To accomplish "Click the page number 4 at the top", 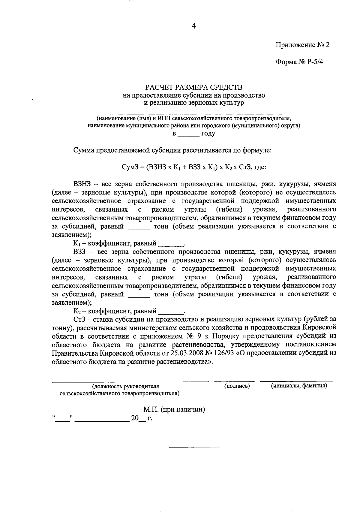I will [x=194, y=26].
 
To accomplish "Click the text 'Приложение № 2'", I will [x=302, y=45].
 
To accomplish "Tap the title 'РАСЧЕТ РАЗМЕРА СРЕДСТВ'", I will [x=194, y=87].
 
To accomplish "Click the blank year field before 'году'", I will [x=189, y=134].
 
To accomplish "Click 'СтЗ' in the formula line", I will [x=246, y=167].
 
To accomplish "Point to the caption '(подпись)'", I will [x=237, y=386].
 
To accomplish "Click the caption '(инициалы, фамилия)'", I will [x=299, y=386].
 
